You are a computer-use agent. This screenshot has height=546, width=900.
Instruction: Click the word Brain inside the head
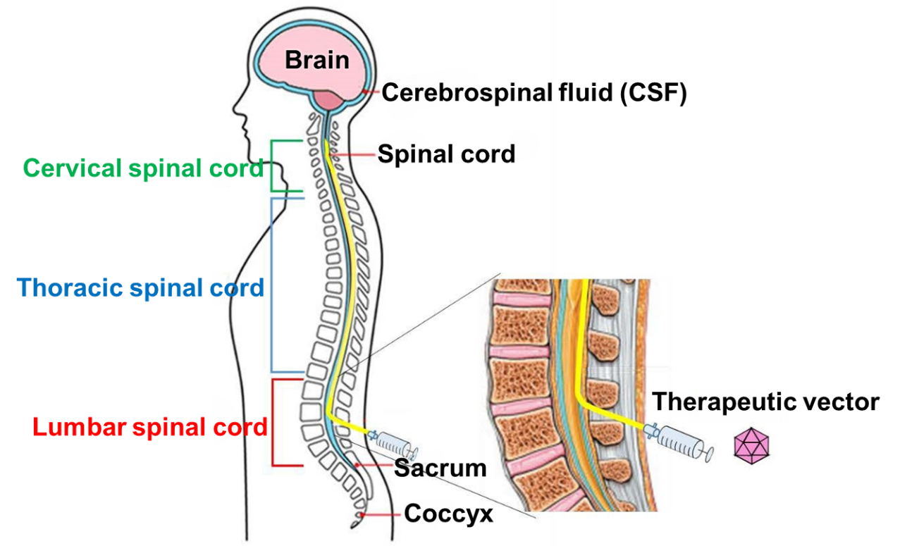pyautogui.click(x=316, y=60)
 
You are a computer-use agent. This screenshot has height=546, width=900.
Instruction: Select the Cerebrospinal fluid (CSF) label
pyautogui.click(x=534, y=92)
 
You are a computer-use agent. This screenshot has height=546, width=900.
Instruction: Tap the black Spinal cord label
pyautogui.click(x=446, y=154)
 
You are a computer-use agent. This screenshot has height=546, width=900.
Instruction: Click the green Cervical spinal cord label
pyautogui.click(x=143, y=168)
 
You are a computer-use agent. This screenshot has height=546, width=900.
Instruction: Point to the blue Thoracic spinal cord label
pyautogui.click(x=140, y=287)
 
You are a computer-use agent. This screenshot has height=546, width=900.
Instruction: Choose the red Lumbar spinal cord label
pyautogui.click(x=149, y=427)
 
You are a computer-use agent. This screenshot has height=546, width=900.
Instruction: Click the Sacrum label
pyautogui.click(x=440, y=467)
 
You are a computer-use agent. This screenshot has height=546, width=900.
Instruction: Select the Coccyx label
pyautogui.click(x=448, y=514)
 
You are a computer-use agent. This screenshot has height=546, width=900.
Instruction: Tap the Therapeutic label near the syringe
pyautogui.click(x=719, y=401)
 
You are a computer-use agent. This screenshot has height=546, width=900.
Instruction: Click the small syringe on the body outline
pyautogui.click(x=394, y=442)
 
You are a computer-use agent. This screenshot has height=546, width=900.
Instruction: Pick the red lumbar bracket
pyautogui.click(x=274, y=423)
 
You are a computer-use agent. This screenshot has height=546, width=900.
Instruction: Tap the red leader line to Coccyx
pyautogui.click(x=381, y=515)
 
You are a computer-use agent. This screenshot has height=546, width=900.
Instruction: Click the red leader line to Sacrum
pyautogui.click(x=374, y=466)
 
